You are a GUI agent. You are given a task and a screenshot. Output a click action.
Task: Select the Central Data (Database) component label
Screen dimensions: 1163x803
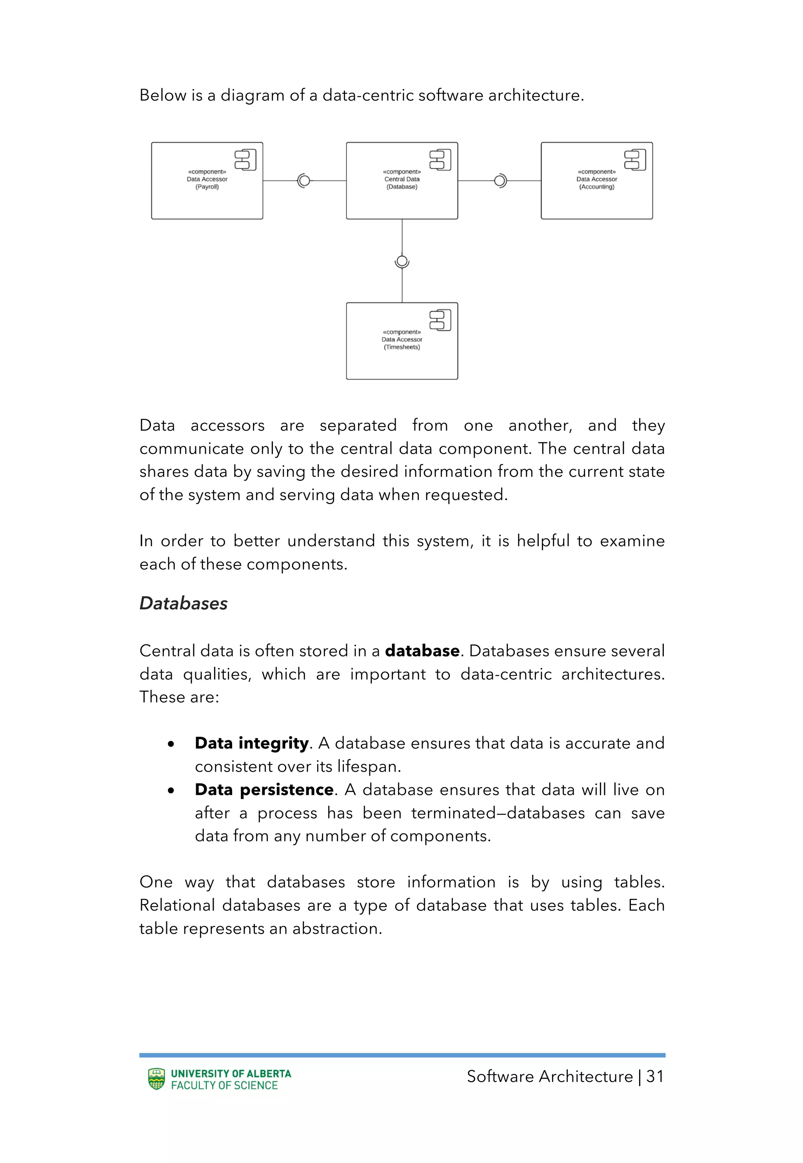point(401,179)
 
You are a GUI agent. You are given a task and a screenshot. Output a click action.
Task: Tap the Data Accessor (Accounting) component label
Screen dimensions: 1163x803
point(596,179)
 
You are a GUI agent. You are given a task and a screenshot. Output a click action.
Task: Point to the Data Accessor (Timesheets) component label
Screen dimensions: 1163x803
point(401,340)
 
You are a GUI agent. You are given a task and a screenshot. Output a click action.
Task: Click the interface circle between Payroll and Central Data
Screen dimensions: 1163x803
point(304,181)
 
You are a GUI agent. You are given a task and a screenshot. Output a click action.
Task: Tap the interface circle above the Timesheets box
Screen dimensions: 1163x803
point(401,261)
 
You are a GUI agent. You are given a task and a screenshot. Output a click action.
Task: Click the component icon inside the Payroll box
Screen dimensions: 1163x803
point(245,160)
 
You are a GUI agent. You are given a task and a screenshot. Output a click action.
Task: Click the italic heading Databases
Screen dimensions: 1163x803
point(183,603)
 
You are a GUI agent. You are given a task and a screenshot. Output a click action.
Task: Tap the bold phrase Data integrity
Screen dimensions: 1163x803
point(252,743)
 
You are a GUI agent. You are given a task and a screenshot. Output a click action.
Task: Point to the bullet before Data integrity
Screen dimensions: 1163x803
point(171,744)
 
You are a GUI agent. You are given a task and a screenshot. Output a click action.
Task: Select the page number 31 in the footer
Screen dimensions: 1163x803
point(654,1076)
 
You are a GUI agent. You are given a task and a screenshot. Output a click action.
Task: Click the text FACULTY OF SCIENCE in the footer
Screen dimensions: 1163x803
point(224,1085)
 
